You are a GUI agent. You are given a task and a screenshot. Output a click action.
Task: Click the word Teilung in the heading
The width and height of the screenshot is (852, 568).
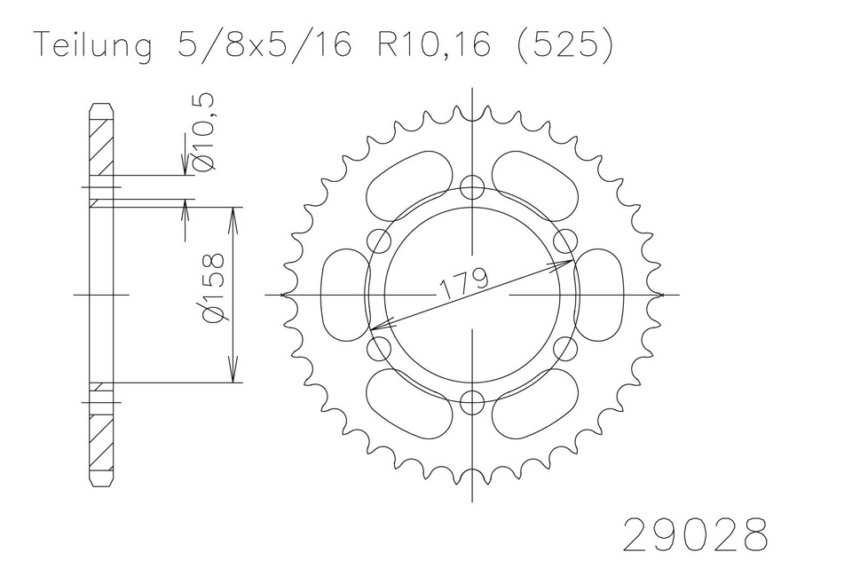(93, 44)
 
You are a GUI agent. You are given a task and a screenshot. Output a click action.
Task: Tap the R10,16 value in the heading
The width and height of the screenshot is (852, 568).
(434, 44)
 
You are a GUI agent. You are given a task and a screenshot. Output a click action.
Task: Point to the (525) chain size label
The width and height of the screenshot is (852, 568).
(565, 44)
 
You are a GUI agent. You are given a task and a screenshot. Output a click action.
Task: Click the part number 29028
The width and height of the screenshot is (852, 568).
(696, 533)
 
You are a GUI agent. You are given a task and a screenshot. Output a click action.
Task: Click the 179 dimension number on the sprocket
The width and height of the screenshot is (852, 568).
(463, 282)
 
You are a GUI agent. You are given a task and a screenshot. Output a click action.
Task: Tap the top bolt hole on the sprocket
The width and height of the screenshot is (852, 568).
(472, 188)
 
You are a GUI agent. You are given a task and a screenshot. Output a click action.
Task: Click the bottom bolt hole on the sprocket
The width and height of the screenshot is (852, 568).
(472, 403)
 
